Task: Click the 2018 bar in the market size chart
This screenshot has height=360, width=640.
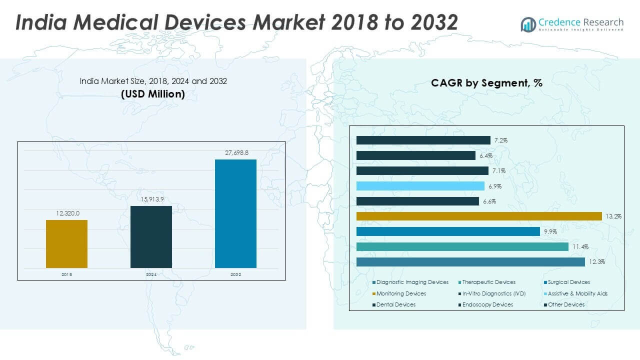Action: [66, 244]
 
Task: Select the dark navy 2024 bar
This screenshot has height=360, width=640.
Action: [151, 237]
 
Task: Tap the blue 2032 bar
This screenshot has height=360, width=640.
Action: [235, 213]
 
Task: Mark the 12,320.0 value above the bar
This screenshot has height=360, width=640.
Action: [66, 213]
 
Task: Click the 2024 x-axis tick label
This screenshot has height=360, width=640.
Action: [151, 274]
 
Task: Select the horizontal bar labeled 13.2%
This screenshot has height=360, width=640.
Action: [479, 216]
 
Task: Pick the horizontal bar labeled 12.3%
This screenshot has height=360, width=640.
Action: [470, 262]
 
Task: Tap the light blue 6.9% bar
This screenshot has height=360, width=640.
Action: [420, 186]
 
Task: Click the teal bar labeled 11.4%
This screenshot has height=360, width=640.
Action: [462, 246]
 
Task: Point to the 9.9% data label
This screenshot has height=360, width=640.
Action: [550, 232]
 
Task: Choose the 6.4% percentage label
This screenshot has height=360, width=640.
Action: [485, 156]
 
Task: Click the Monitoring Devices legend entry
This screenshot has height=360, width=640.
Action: [401, 293]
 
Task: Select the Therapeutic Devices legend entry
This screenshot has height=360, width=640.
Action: [488, 282]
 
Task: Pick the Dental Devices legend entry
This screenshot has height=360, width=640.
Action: [395, 304]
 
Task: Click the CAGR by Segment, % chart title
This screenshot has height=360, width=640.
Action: [486, 83]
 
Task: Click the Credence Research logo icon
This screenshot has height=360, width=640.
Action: [528, 24]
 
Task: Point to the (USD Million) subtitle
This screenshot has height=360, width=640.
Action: [153, 94]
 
